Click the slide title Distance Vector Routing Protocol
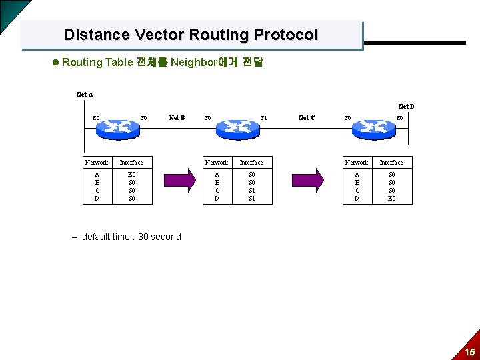[x=191, y=35]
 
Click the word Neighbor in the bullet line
[x=194, y=63]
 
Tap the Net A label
[x=85, y=95]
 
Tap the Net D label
[x=406, y=107]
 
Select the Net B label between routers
[x=177, y=118]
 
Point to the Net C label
[x=306, y=118]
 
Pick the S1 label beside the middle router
[x=264, y=118]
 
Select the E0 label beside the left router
[x=96, y=118]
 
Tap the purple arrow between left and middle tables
[x=179, y=179]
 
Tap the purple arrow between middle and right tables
[x=309, y=179]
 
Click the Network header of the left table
[x=97, y=163]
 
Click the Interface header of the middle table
[x=251, y=163]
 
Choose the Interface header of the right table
[x=391, y=163]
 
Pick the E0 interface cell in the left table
[x=131, y=174]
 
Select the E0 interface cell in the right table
[x=391, y=198]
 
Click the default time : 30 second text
[x=131, y=237]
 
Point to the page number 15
[x=469, y=352]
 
